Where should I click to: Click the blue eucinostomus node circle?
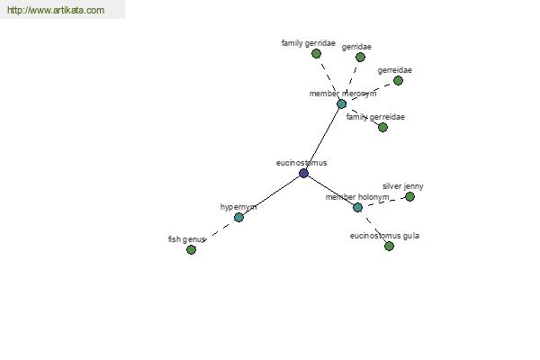[303, 173]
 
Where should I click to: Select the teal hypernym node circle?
[238, 218]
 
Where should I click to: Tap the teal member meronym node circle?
[341, 103]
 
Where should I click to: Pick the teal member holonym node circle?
[357, 207]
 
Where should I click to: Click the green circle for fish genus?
[191, 250]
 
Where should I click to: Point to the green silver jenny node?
[409, 197]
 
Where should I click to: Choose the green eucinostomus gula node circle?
[389, 246]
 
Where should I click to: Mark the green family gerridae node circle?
[316, 53]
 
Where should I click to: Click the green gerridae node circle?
[360, 58]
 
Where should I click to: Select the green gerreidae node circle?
[398, 81]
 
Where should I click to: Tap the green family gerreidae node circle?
[382, 128]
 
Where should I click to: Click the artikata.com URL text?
[56, 10]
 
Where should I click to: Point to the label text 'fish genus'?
[186, 239]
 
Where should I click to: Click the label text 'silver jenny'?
[403, 186]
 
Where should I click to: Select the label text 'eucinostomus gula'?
[384, 236]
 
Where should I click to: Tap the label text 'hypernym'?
[238, 207]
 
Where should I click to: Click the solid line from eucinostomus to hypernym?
[271, 195]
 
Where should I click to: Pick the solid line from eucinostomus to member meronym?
[322, 139]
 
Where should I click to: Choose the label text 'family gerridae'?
[308, 43]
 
